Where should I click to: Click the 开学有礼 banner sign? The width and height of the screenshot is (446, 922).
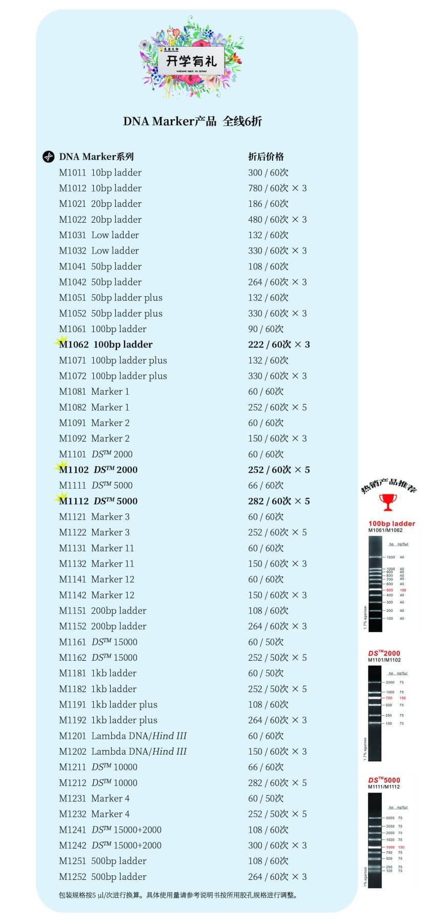(191, 61)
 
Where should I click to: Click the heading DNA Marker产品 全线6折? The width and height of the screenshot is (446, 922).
(192, 121)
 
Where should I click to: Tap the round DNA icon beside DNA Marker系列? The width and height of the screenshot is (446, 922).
(48, 157)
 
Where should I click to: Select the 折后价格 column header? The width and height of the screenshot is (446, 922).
(266, 157)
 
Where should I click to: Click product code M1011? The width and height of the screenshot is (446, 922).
(72, 172)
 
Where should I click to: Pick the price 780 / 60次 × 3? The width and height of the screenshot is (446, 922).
(277, 188)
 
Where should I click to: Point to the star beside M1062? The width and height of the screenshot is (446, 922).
(62, 341)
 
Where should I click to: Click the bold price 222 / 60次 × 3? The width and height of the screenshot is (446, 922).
(279, 344)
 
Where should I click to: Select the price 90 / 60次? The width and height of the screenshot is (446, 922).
(266, 329)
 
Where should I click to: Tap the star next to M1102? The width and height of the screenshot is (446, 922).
(62, 467)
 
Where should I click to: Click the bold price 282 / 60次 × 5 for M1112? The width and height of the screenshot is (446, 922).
(279, 501)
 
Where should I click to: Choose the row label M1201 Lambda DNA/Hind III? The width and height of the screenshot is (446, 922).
(123, 736)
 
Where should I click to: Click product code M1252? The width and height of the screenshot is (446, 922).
(72, 876)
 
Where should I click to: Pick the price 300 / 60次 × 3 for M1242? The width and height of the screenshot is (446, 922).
(277, 845)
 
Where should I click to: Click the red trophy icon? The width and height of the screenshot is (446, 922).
(388, 502)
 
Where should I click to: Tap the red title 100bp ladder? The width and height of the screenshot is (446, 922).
(392, 524)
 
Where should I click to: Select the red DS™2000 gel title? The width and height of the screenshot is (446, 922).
(384, 654)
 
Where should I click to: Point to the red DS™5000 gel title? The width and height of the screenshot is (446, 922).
(384, 780)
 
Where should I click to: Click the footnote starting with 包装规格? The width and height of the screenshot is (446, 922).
(178, 895)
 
